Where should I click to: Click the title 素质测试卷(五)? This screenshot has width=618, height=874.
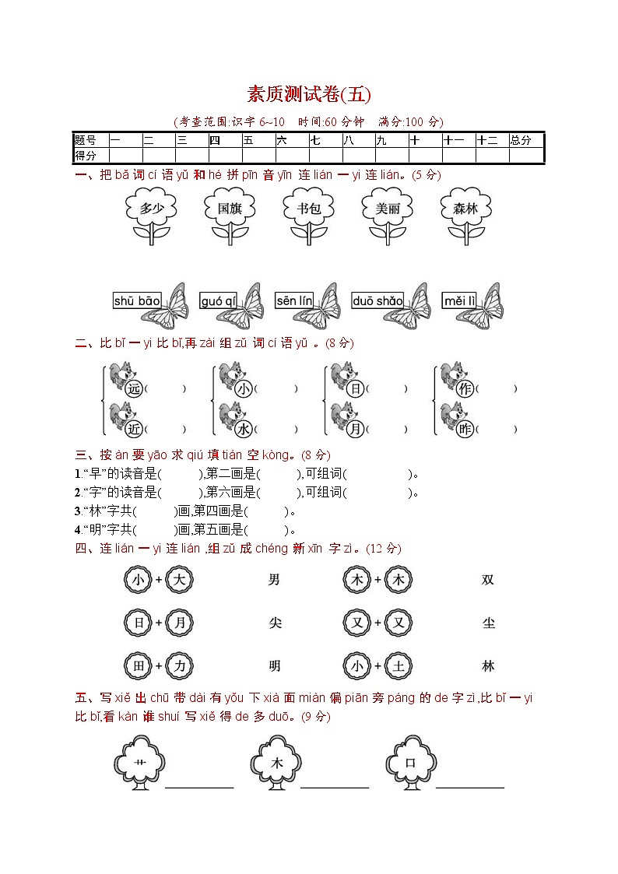pos(309,95)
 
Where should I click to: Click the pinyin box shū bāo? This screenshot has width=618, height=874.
pos(137,301)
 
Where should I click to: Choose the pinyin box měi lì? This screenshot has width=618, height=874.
pos(459,301)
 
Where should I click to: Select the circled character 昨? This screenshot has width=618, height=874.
pos(465,429)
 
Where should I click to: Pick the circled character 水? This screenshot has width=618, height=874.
pos(244,429)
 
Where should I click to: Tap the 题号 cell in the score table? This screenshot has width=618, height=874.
pos(86,141)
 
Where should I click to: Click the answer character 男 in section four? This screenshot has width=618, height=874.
pos(273,580)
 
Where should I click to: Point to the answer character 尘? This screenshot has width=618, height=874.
pos(488,623)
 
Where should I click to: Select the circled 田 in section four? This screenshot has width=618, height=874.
pos(137,666)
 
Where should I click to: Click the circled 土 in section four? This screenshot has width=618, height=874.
pos(399,666)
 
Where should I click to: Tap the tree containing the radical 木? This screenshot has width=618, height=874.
pos(276,763)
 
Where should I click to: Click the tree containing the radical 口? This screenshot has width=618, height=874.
pos(411,763)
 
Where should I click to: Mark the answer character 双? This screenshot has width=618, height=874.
pos(488,580)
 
